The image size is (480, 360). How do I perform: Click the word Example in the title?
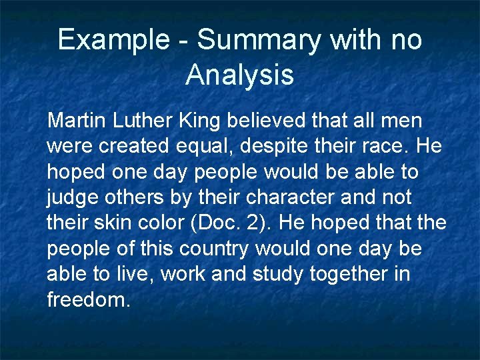pyautogui.click(x=114, y=40)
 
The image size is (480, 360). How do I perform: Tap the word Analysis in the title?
pyautogui.click(x=240, y=75)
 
